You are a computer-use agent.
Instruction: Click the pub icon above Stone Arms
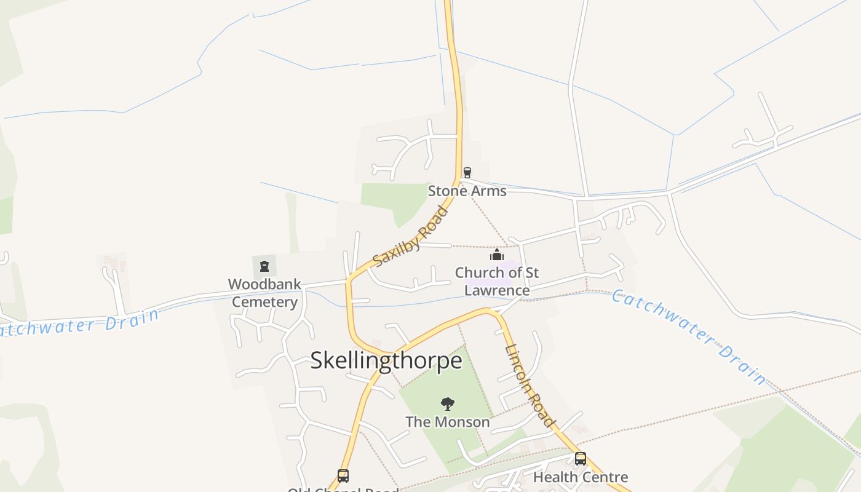pyautogui.click(x=467, y=173)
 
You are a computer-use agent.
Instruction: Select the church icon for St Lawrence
pyautogui.click(x=497, y=255)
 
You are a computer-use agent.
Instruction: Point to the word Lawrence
pyautogui.click(x=497, y=290)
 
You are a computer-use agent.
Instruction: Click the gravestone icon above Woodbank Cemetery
pyautogui.click(x=264, y=266)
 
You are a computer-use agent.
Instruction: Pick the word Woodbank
pyautogui.click(x=264, y=284)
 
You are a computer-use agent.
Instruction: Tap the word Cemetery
pyautogui.click(x=264, y=302)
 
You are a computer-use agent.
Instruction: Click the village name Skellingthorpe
pyautogui.click(x=386, y=360)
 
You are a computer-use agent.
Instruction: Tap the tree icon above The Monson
pyautogui.click(x=448, y=404)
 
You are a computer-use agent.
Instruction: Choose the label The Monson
pyautogui.click(x=448, y=422)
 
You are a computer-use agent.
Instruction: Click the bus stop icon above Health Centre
pyautogui.click(x=580, y=459)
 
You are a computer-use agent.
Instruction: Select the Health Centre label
pyautogui.click(x=580, y=477)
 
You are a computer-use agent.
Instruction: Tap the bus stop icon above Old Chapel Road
pyautogui.click(x=343, y=475)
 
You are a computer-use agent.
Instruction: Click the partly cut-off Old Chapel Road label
pyautogui.click(x=343, y=490)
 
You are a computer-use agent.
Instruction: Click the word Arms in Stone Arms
pyautogui.click(x=486, y=191)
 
